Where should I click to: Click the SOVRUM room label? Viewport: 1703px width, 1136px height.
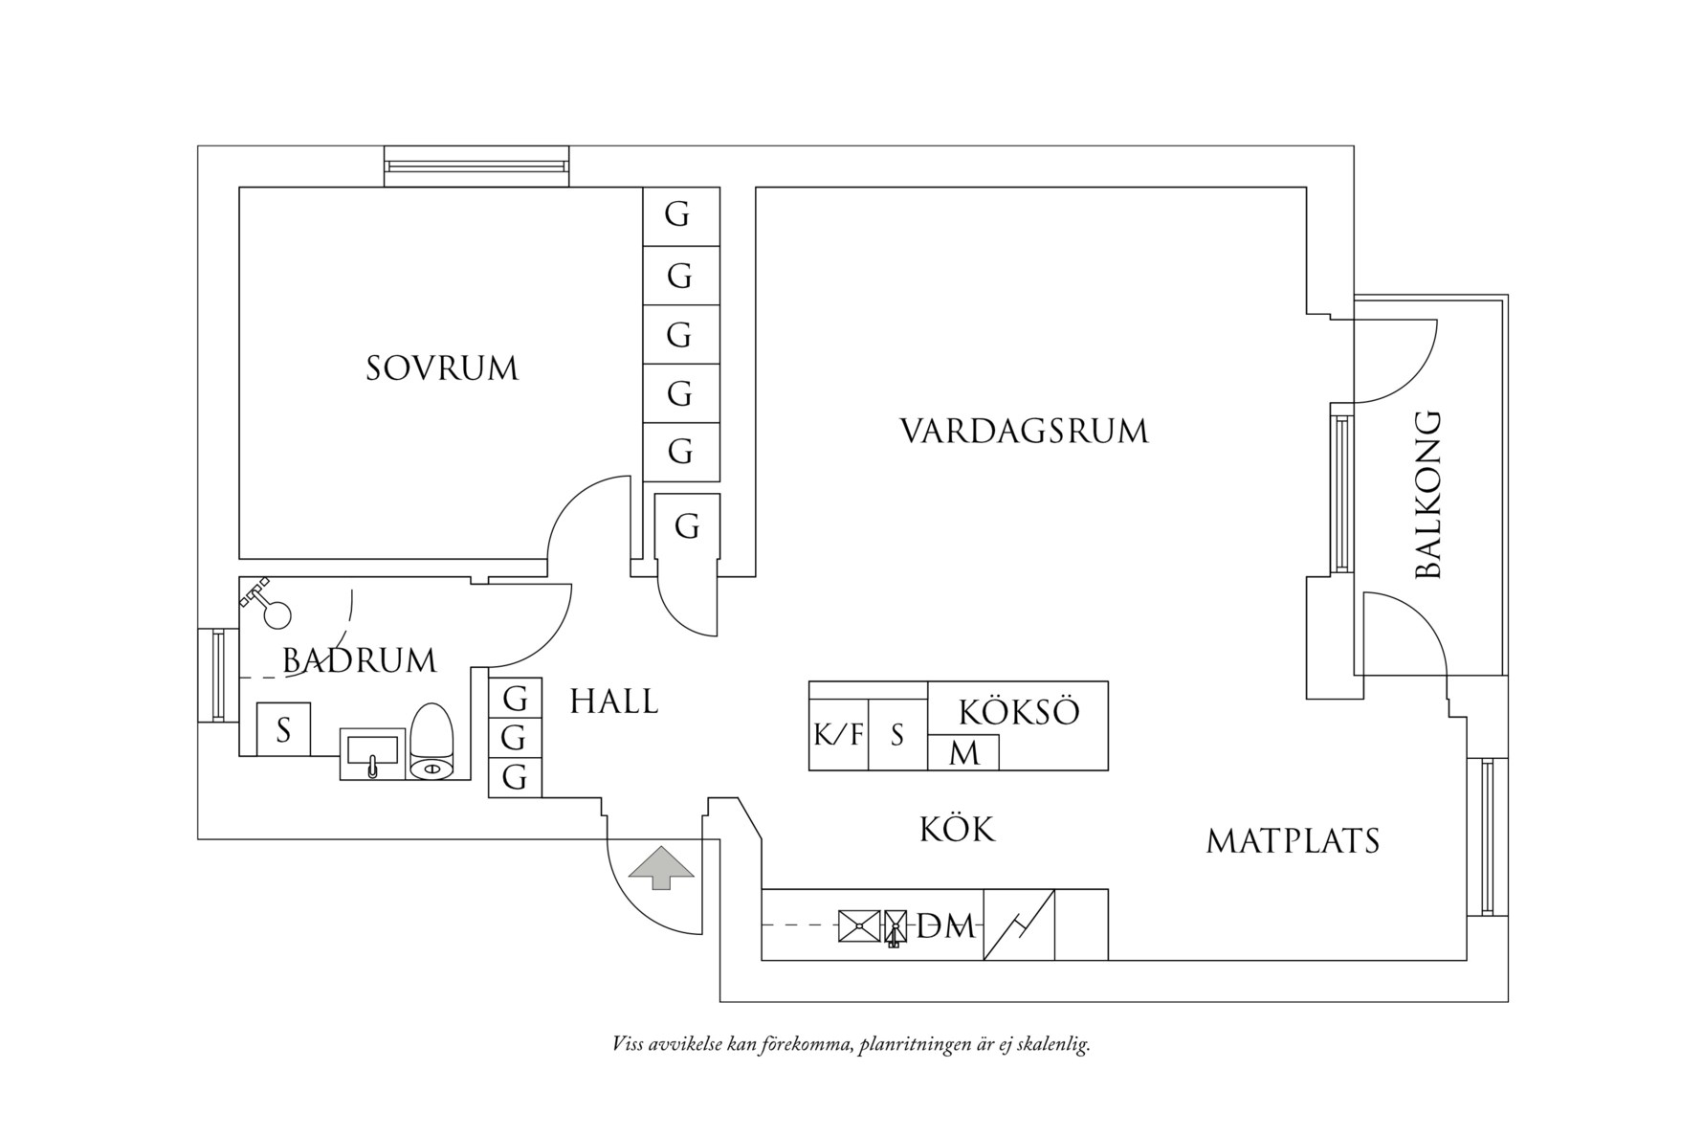[x=442, y=368]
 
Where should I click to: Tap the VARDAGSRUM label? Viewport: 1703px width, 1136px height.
[x=1024, y=431]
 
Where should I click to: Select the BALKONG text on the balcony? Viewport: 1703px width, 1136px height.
[x=1427, y=495]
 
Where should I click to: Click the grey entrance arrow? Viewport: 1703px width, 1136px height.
[x=661, y=868]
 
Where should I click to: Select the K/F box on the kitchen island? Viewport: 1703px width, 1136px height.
[x=838, y=735]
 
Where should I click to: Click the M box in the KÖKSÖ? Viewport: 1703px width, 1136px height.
[x=963, y=753]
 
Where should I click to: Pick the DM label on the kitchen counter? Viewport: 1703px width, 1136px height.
[x=945, y=926]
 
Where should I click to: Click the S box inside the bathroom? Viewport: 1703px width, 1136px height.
[x=283, y=730]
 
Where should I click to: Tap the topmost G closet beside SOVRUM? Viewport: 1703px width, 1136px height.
[x=679, y=216]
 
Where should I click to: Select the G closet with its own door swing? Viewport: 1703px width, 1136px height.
[x=687, y=526]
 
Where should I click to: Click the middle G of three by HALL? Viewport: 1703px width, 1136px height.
[x=515, y=738]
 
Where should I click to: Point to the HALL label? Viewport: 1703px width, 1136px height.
[x=614, y=702]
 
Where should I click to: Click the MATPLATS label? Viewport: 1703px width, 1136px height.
[x=1293, y=841]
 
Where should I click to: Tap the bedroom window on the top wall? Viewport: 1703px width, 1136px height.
[x=476, y=166]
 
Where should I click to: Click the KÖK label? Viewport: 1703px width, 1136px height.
[x=958, y=829]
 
